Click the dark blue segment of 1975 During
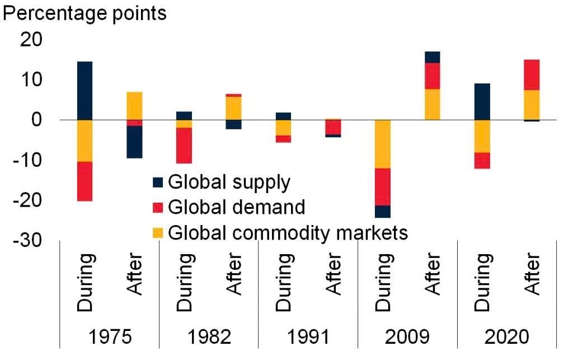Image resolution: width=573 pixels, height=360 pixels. click(x=84, y=90)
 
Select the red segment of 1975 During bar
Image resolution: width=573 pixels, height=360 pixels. click(x=84, y=181)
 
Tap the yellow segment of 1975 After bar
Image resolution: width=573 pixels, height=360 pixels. click(x=134, y=105)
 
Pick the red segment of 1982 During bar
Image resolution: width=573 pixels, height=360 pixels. click(x=184, y=146)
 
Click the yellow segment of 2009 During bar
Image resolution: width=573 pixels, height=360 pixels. click(x=383, y=144)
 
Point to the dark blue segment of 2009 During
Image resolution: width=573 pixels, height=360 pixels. click(x=383, y=211)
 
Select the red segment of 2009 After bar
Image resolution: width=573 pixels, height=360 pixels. click(x=433, y=76)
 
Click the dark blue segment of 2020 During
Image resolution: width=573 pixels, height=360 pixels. click(x=482, y=101)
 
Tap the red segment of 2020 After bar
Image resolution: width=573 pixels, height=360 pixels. click(x=532, y=74)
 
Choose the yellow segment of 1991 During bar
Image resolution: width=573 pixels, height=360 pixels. click(x=283, y=128)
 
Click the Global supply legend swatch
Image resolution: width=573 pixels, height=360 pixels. click(x=158, y=183)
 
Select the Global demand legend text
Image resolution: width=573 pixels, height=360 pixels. click(x=236, y=207)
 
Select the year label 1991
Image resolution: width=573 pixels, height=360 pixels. click(x=308, y=337)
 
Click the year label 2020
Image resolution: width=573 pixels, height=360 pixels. click(x=506, y=337)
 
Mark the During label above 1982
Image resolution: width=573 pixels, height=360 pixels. click(x=185, y=283)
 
